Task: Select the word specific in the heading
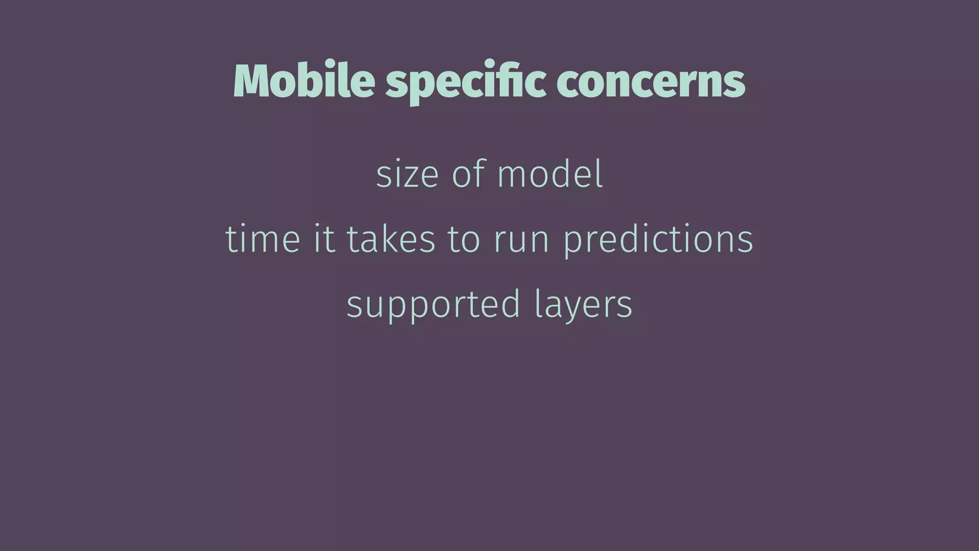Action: (465, 82)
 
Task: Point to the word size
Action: (407, 174)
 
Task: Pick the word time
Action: (262, 239)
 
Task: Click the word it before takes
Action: (324, 239)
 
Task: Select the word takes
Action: (391, 239)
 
